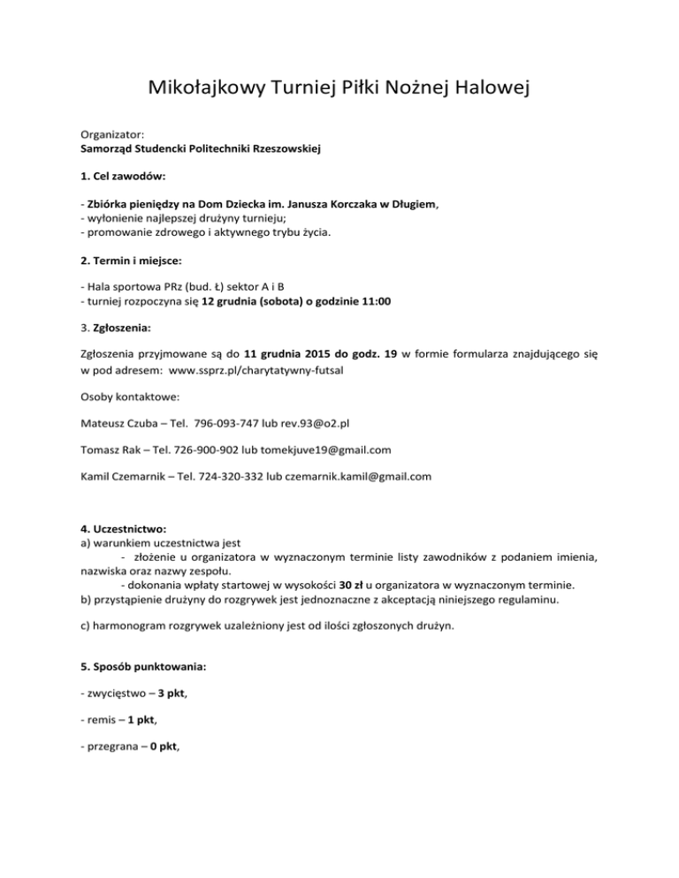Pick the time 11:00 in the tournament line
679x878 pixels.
[376, 301]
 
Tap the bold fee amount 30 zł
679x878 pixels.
[365, 584]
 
